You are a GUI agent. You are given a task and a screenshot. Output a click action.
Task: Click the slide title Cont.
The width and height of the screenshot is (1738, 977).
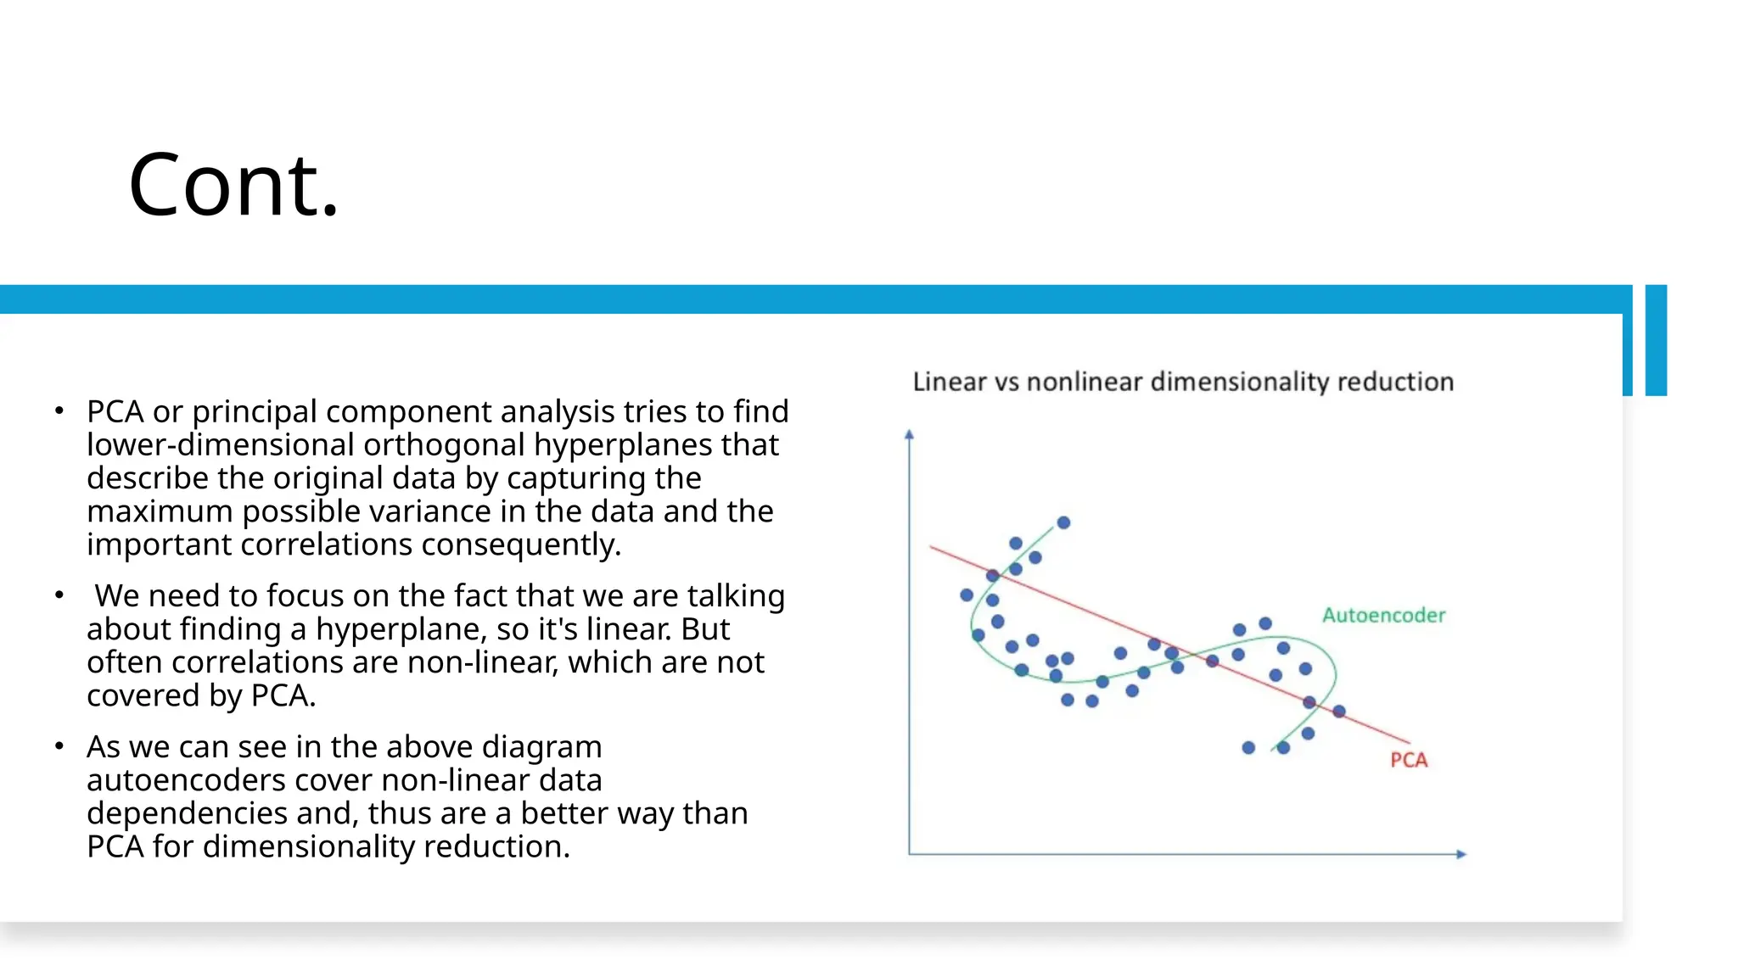[233, 186]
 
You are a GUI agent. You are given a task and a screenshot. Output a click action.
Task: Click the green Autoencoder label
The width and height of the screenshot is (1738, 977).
[1383, 615]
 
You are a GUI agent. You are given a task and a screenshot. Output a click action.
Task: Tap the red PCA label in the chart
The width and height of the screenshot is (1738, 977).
[1409, 760]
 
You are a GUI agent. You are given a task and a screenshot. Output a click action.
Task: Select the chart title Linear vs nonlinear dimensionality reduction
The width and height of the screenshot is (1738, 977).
[1183, 382]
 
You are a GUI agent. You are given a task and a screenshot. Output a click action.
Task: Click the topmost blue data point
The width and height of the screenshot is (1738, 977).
[1063, 522]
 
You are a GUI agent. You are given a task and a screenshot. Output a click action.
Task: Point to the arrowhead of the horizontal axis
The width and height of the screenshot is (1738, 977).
[1461, 854]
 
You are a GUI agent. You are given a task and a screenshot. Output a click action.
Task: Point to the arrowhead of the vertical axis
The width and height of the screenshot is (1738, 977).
[909, 434]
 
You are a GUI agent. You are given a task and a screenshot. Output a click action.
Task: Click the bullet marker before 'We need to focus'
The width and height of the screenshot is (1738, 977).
[59, 595]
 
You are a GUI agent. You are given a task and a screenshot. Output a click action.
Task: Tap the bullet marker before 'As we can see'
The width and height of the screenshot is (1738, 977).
[59, 746]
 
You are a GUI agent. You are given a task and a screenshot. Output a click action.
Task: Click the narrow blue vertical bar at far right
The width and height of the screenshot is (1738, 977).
[1656, 339]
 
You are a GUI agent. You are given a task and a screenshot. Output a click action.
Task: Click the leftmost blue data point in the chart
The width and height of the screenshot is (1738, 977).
[967, 595]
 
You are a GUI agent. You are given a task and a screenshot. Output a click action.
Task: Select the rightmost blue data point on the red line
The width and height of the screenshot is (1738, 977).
[1339, 711]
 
